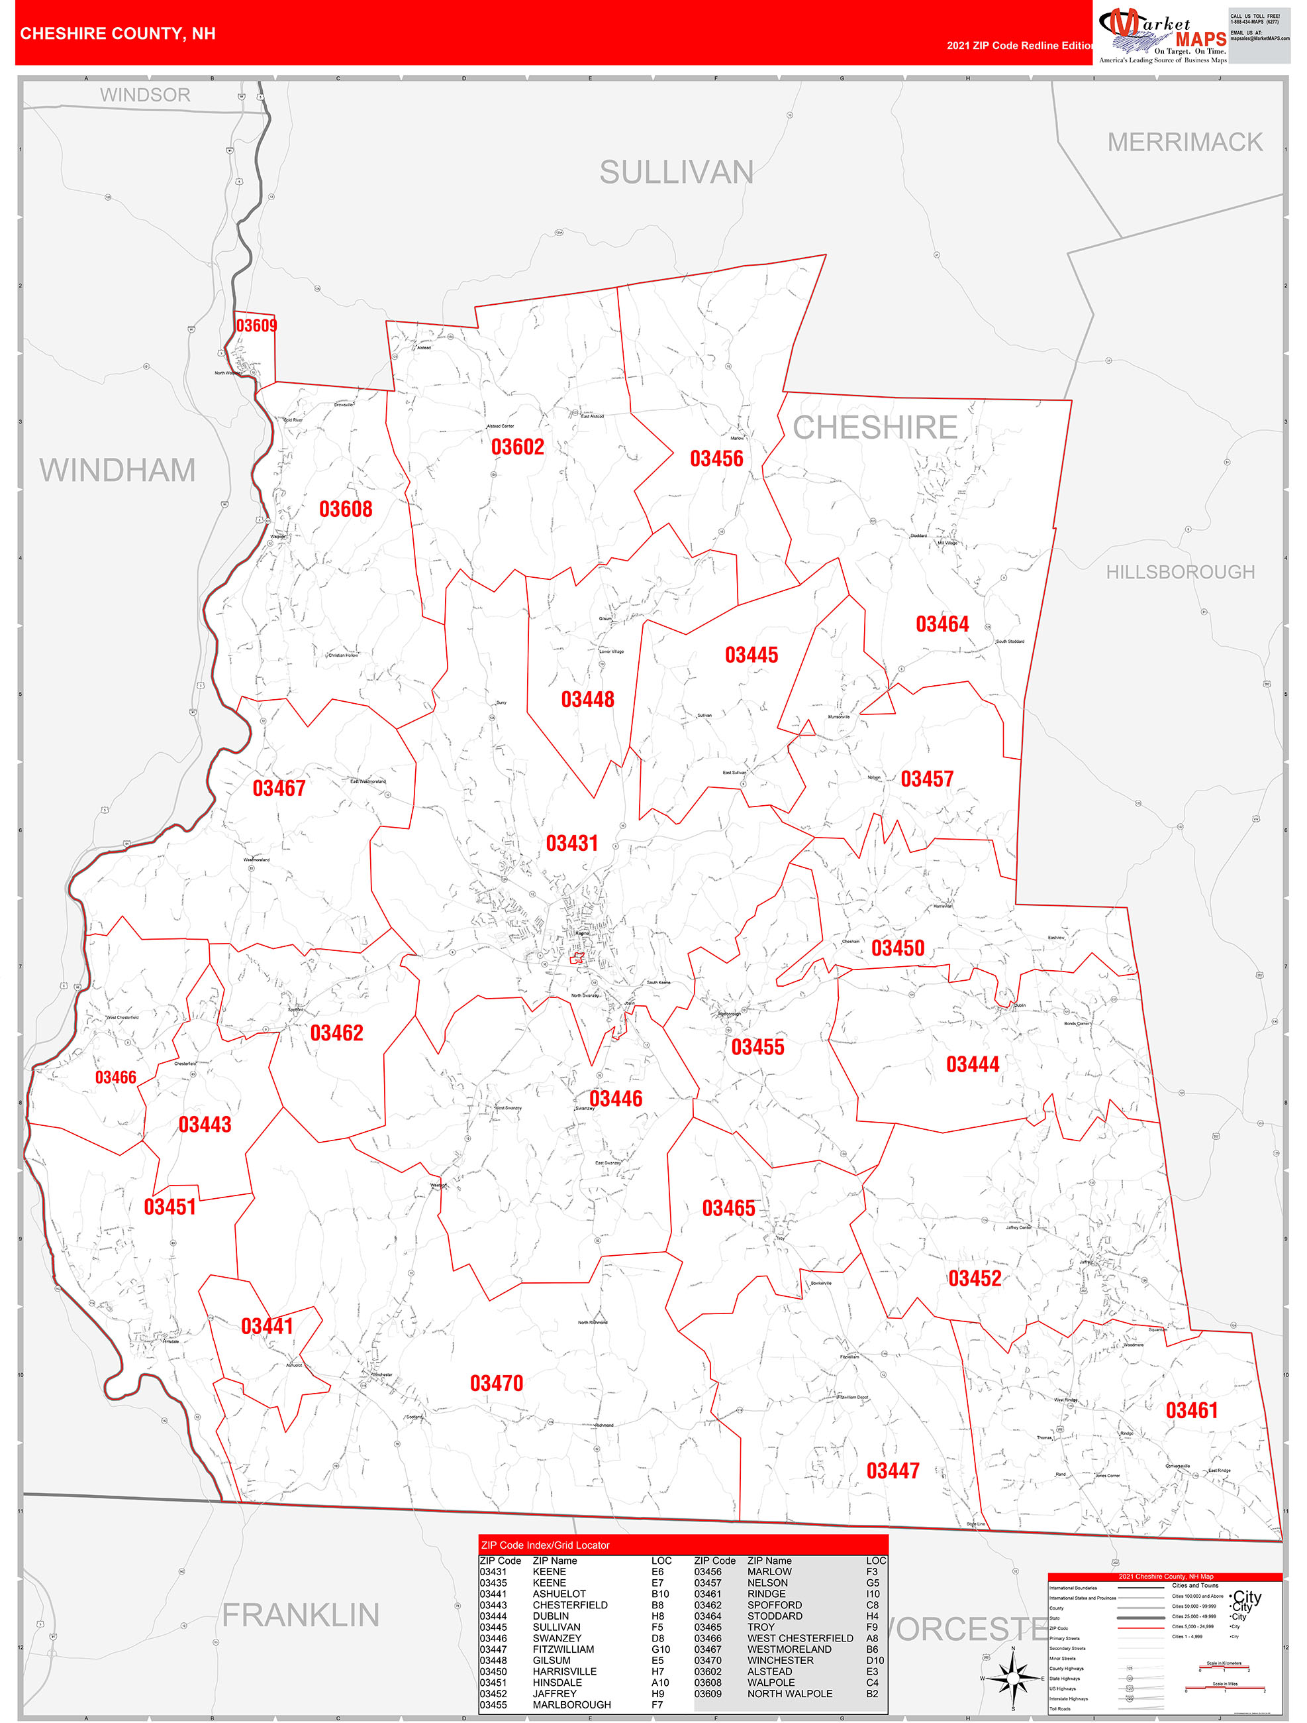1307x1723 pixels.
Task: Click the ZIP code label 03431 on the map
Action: point(571,843)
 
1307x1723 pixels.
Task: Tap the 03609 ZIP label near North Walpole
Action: point(256,325)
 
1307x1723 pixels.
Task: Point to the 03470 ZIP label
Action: point(496,1384)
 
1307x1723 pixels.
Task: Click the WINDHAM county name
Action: point(118,470)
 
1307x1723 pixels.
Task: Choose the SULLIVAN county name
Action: point(677,172)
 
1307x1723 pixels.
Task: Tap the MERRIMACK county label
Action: point(1185,142)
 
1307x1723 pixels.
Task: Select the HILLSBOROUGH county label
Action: point(1180,572)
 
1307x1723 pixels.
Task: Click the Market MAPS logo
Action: point(1161,34)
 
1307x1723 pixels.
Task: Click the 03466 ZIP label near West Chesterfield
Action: point(115,1078)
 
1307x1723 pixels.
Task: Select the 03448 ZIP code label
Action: point(588,700)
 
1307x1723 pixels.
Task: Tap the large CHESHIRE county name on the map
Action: point(875,427)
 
